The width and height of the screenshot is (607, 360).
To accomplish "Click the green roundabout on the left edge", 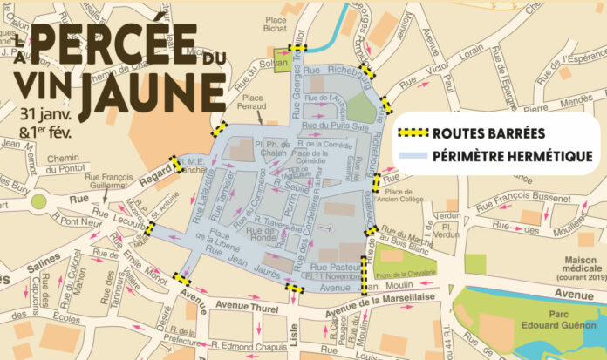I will [x=39, y=202].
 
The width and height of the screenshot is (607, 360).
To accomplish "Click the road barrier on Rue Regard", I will [x=177, y=164].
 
